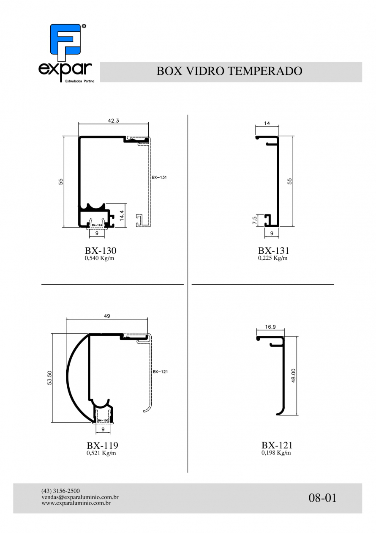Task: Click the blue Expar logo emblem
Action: coord(65,42)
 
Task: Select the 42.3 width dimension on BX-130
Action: coord(113,121)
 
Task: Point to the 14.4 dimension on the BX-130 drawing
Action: coord(122,215)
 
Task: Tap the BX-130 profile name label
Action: coord(101,250)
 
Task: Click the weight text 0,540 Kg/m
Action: coord(99,258)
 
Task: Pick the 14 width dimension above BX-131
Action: coord(267,123)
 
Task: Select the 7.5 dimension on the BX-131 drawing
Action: coord(255,220)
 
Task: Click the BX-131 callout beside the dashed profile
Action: coord(159,177)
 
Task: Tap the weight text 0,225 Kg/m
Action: coord(273,258)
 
